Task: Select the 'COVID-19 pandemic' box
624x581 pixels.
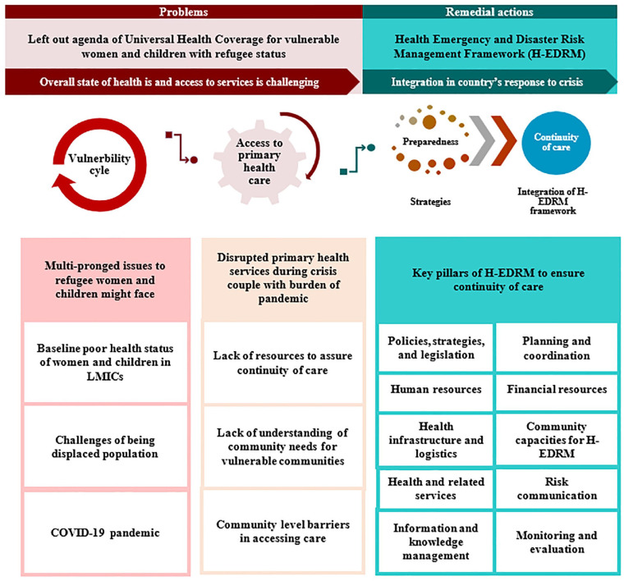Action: tap(102, 532)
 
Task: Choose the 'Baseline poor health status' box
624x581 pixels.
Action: tap(102, 363)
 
